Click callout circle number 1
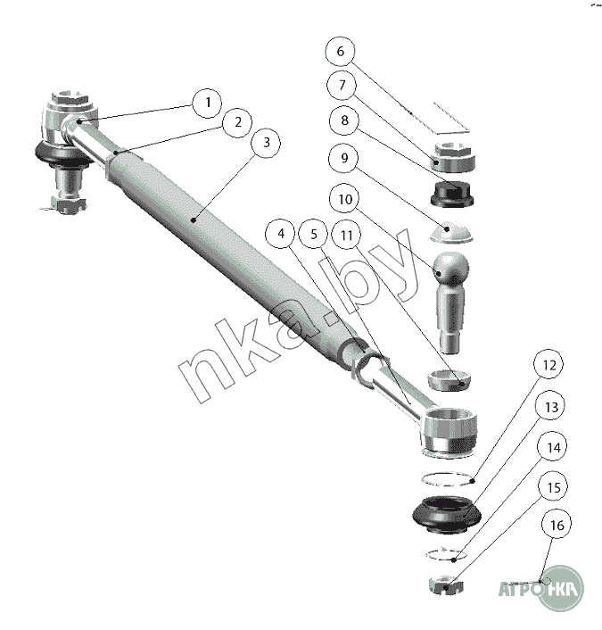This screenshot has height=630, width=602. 208,103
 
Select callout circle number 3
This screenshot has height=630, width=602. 266,143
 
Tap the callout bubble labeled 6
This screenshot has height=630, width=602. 340,52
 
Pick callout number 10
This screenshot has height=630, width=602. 345,199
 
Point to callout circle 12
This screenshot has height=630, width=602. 548,364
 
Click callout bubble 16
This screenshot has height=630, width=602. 557,525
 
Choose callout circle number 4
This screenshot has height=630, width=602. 281,234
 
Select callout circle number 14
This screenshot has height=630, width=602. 554,447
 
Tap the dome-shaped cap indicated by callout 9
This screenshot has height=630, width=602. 451,233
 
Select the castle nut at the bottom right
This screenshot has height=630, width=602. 446,585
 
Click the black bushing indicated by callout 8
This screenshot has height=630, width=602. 452,195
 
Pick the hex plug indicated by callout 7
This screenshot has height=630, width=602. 454,157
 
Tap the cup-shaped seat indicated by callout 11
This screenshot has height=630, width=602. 449,379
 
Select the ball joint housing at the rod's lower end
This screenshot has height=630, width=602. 449,431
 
